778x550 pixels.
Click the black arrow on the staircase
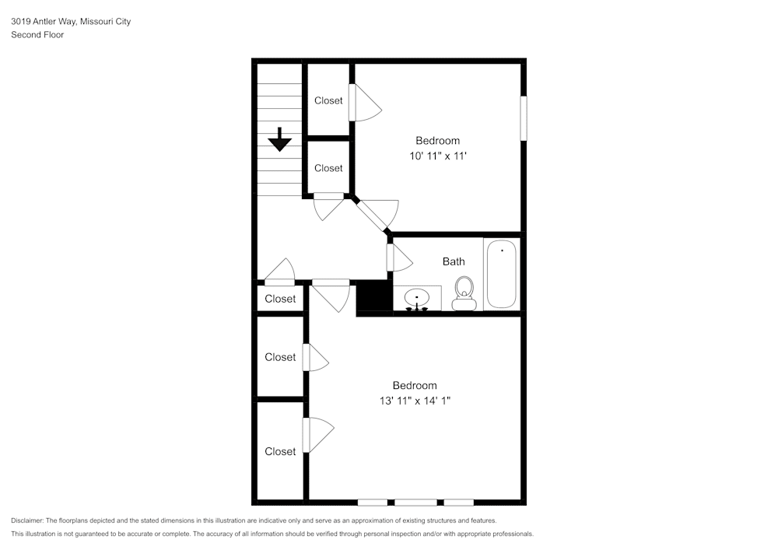[279, 139]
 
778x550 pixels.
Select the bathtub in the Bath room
[501, 274]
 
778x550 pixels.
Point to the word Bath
[454, 261]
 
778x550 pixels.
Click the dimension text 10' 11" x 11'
[437, 156]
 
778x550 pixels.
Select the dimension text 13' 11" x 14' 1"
[414, 401]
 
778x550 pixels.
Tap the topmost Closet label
[328, 100]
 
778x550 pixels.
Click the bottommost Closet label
[280, 451]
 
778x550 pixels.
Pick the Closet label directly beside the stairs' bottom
[328, 168]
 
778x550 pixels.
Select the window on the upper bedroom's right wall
[524, 118]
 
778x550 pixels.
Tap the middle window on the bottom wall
[415, 502]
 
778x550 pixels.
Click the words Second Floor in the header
[37, 35]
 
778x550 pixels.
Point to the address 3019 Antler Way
[44, 22]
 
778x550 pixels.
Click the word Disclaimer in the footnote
[27, 520]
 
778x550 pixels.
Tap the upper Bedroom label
[437, 141]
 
